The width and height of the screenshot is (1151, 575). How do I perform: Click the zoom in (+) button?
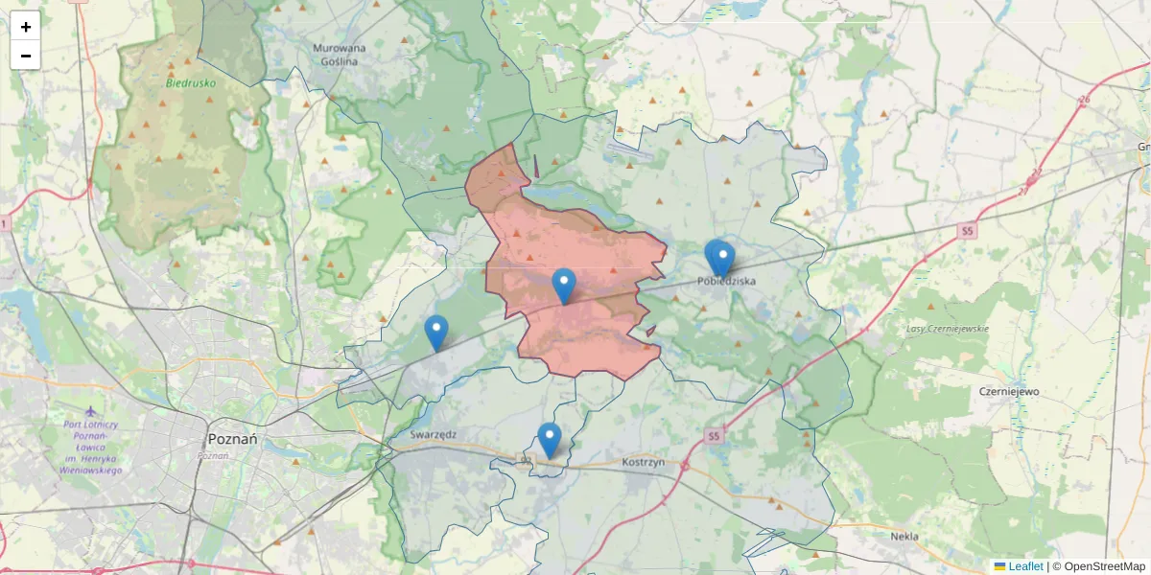[25, 27]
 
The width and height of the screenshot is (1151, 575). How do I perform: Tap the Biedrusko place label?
[191, 83]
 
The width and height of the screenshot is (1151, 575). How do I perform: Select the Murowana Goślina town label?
[340, 54]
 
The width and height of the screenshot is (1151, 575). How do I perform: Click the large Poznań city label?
[232, 439]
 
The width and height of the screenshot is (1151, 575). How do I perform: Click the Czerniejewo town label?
[1009, 391]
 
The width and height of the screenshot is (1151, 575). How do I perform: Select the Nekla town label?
[904, 537]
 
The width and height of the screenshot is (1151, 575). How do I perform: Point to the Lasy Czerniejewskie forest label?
[948, 329]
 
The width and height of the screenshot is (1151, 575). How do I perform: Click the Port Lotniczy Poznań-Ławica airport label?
[89, 448]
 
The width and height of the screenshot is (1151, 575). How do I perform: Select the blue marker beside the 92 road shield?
[549, 440]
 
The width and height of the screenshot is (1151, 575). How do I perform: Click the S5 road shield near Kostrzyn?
[712, 437]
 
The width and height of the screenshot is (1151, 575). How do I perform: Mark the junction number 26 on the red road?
[1085, 100]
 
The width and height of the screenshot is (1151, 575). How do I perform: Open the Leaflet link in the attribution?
[1025, 566]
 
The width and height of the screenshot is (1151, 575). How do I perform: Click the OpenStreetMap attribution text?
[1104, 566]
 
